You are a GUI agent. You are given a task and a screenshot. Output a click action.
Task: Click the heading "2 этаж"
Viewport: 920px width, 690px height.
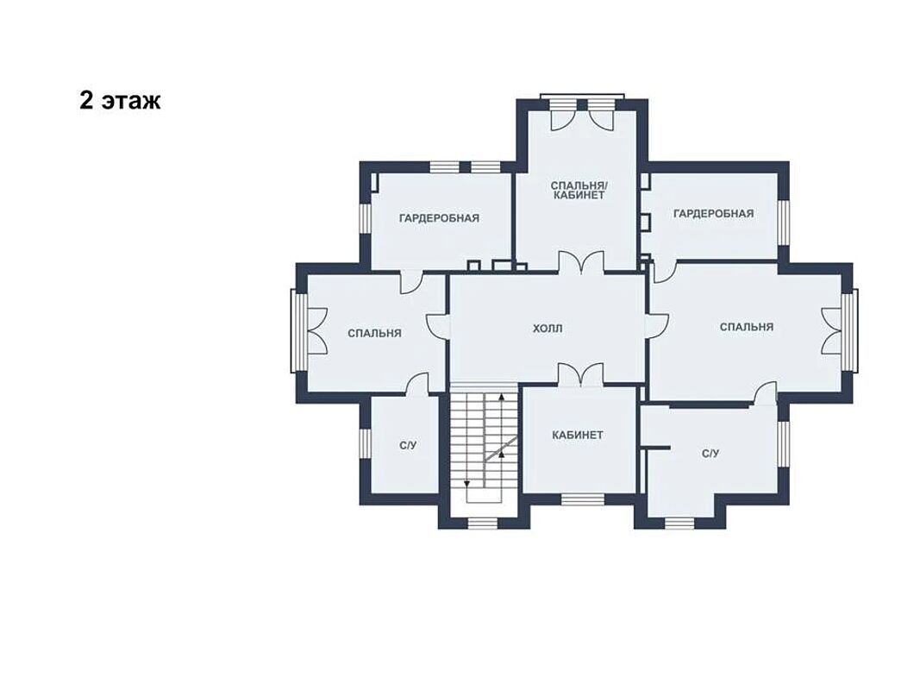point(120,101)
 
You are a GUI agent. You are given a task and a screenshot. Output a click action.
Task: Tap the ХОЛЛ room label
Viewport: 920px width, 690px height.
point(548,329)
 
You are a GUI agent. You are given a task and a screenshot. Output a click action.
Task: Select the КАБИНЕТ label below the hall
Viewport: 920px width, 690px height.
point(578,436)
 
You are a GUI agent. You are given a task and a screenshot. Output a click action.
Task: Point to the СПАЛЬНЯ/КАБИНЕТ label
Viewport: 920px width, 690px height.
point(579,190)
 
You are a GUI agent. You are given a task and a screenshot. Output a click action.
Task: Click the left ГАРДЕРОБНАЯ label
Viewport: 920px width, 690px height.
point(440,218)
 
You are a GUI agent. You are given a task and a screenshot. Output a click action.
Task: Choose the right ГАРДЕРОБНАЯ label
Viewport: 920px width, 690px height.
point(713,214)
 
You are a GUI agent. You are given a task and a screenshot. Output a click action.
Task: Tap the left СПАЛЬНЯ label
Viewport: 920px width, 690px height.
point(374,333)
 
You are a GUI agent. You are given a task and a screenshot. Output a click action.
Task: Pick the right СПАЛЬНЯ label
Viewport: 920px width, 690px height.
point(747,327)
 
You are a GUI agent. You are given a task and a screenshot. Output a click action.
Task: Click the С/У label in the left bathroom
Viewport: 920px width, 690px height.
point(408,446)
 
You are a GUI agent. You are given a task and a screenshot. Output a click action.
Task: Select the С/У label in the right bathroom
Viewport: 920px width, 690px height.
point(710,454)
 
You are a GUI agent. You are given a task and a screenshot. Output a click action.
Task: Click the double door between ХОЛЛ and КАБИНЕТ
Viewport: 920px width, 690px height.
point(580,375)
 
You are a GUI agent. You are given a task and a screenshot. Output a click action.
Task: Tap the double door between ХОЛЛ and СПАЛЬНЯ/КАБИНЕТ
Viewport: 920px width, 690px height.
point(580,261)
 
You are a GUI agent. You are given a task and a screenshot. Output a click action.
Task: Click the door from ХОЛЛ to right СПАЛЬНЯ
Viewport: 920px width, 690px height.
point(656,324)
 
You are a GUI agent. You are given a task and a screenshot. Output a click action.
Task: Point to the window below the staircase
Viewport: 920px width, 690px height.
point(482,524)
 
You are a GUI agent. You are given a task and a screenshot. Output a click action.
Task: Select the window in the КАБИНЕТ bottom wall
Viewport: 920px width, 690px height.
point(583,499)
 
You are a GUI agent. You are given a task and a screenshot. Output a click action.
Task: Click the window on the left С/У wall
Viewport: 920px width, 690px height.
point(365,444)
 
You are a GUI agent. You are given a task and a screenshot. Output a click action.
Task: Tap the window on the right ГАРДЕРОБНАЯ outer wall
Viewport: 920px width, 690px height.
point(784,223)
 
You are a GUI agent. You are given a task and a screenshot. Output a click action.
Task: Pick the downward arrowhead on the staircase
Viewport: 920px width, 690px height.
point(467,484)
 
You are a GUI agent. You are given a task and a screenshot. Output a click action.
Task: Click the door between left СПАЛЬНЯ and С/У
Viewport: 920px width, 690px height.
point(418,386)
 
